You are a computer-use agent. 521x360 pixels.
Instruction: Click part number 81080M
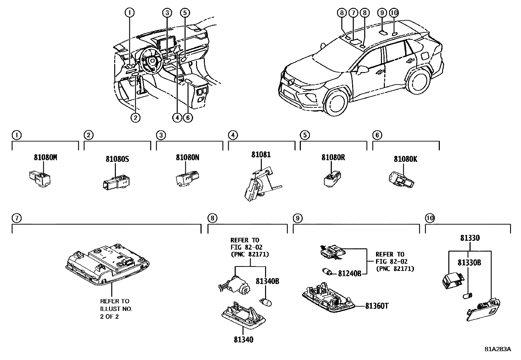click(x=45, y=157)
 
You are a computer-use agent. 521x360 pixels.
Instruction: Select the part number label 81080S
click(x=117, y=159)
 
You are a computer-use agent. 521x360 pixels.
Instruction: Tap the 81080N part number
click(x=188, y=157)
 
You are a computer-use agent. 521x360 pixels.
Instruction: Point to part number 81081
click(x=261, y=154)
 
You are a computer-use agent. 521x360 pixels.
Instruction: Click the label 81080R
click(x=333, y=157)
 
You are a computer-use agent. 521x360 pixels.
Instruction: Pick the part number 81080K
click(x=405, y=159)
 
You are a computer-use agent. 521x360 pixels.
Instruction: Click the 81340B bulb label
click(x=267, y=281)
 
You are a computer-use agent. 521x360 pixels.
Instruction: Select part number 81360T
click(x=377, y=306)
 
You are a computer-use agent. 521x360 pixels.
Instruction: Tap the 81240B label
click(x=350, y=273)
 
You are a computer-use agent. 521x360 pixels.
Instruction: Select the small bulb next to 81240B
click(x=328, y=272)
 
